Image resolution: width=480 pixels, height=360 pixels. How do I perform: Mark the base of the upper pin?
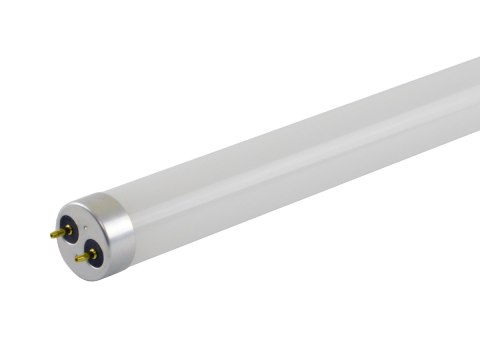67,229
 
